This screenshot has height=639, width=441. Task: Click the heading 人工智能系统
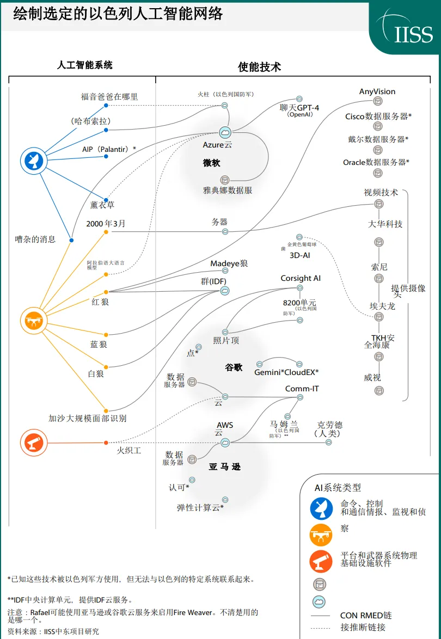[x=85, y=65]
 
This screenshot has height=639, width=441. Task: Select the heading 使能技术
[x=259, y=67]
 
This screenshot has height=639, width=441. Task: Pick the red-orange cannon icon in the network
[x=32, y=440]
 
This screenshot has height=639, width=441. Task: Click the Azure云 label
[x=217, y=145]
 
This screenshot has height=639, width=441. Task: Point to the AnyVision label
[x=377, y=91]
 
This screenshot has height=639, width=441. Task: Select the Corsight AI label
[x=301, y=278]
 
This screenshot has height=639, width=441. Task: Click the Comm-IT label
[x=302, y=389]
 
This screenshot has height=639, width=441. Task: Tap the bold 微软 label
[x=211, y=163]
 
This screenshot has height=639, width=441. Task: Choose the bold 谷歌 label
[x=234, y=367]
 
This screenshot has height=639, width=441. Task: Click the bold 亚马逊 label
[x=224, y=466]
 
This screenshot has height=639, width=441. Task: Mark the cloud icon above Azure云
[x=225, y=132]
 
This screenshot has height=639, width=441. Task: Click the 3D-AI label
[x=300, y=254]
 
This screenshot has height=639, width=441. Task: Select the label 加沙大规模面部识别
[x=88, y=418]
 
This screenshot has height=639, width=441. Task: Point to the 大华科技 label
[x=385, y=224]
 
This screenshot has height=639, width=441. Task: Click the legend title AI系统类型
[x=338, y=487]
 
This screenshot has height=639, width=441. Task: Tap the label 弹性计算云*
[x=200, y=507]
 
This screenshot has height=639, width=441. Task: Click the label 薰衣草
[x=102, y=205]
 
